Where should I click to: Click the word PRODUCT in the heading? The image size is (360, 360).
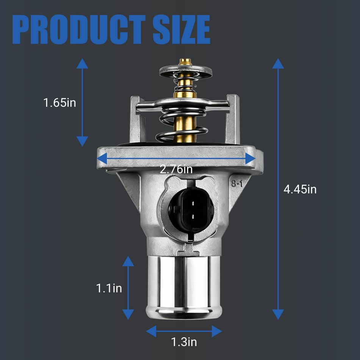(x=79, y=29)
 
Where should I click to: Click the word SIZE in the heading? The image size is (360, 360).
(x=182, y=29)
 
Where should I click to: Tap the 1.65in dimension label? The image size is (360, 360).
(x=60, y=102)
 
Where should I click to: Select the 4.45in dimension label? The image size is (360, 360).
(x=300, y=189)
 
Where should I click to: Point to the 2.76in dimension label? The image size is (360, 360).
(x=176, y=169)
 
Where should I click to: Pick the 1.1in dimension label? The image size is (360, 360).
(x=109, y=288)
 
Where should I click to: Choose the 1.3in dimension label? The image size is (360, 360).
(x=184, y=342)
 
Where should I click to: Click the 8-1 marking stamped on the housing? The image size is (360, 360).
(x=237, y=183)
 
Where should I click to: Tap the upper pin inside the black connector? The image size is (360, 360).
(x=193, y=203)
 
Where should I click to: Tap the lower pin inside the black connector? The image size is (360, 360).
(x=193, y=216)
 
